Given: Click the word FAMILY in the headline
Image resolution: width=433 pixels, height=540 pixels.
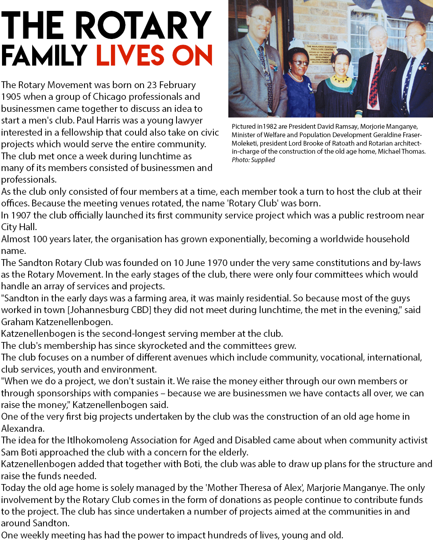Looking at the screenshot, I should tap(44, 55).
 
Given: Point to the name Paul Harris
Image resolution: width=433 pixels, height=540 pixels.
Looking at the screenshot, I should tap(99, 120).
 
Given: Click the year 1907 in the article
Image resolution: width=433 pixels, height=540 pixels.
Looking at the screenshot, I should tap(21, 215).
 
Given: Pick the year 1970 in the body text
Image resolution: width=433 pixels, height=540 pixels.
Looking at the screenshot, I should tap(217, 263).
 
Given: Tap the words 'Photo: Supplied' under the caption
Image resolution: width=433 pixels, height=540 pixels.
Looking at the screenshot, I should tap(253, 160).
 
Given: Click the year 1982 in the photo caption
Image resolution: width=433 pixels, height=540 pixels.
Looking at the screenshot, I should tap(270, 126).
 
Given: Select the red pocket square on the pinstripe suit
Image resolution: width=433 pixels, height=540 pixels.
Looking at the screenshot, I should tap(394, 69).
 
